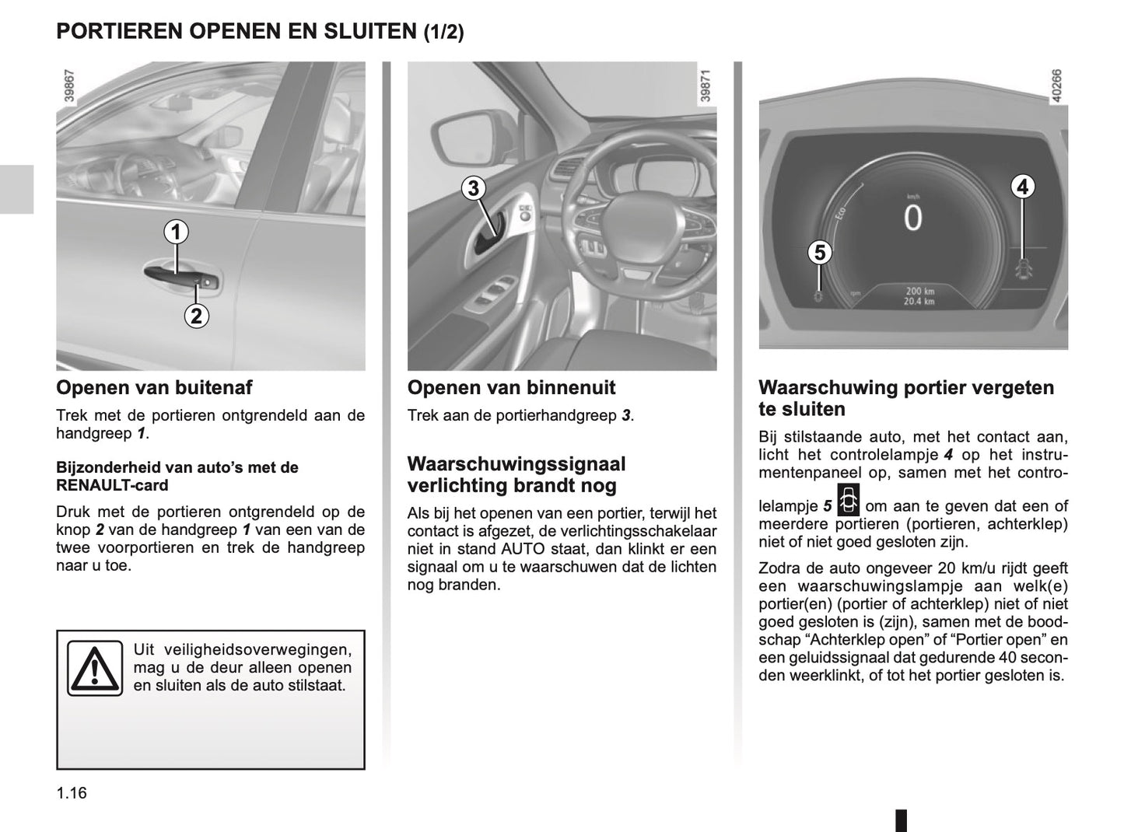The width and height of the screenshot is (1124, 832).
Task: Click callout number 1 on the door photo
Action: pyautogui.click(x=176, y=232)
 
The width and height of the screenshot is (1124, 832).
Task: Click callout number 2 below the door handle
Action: pyautogui.click(x=196, y=316)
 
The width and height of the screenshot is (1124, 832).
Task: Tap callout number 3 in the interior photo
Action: pyautogui.click(x=472, y=188)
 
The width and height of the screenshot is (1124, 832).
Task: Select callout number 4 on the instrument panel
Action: pyautogui.click(x=1023, y=187)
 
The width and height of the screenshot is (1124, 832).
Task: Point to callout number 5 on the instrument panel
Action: pyautogui.click(x=819, y=253)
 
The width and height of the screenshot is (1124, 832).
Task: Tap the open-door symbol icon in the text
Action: pyautogui.click(x=848, y=501)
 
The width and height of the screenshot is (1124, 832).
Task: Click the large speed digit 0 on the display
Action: pyautogui.click(x=912, y=218)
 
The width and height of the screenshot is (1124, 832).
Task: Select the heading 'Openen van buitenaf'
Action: pyautogui.click(x=154, y=387)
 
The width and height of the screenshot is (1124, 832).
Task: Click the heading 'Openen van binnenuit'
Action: pyautogui.click(x=511, y=387)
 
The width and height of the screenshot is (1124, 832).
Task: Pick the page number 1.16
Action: pyautogui.click(x=72, y=793)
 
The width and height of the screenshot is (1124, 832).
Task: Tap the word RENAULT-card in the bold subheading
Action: pyautogui.click(x=112, y=486)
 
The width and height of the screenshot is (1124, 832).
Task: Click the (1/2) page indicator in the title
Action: pyautogui.click(x=443, y=33)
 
